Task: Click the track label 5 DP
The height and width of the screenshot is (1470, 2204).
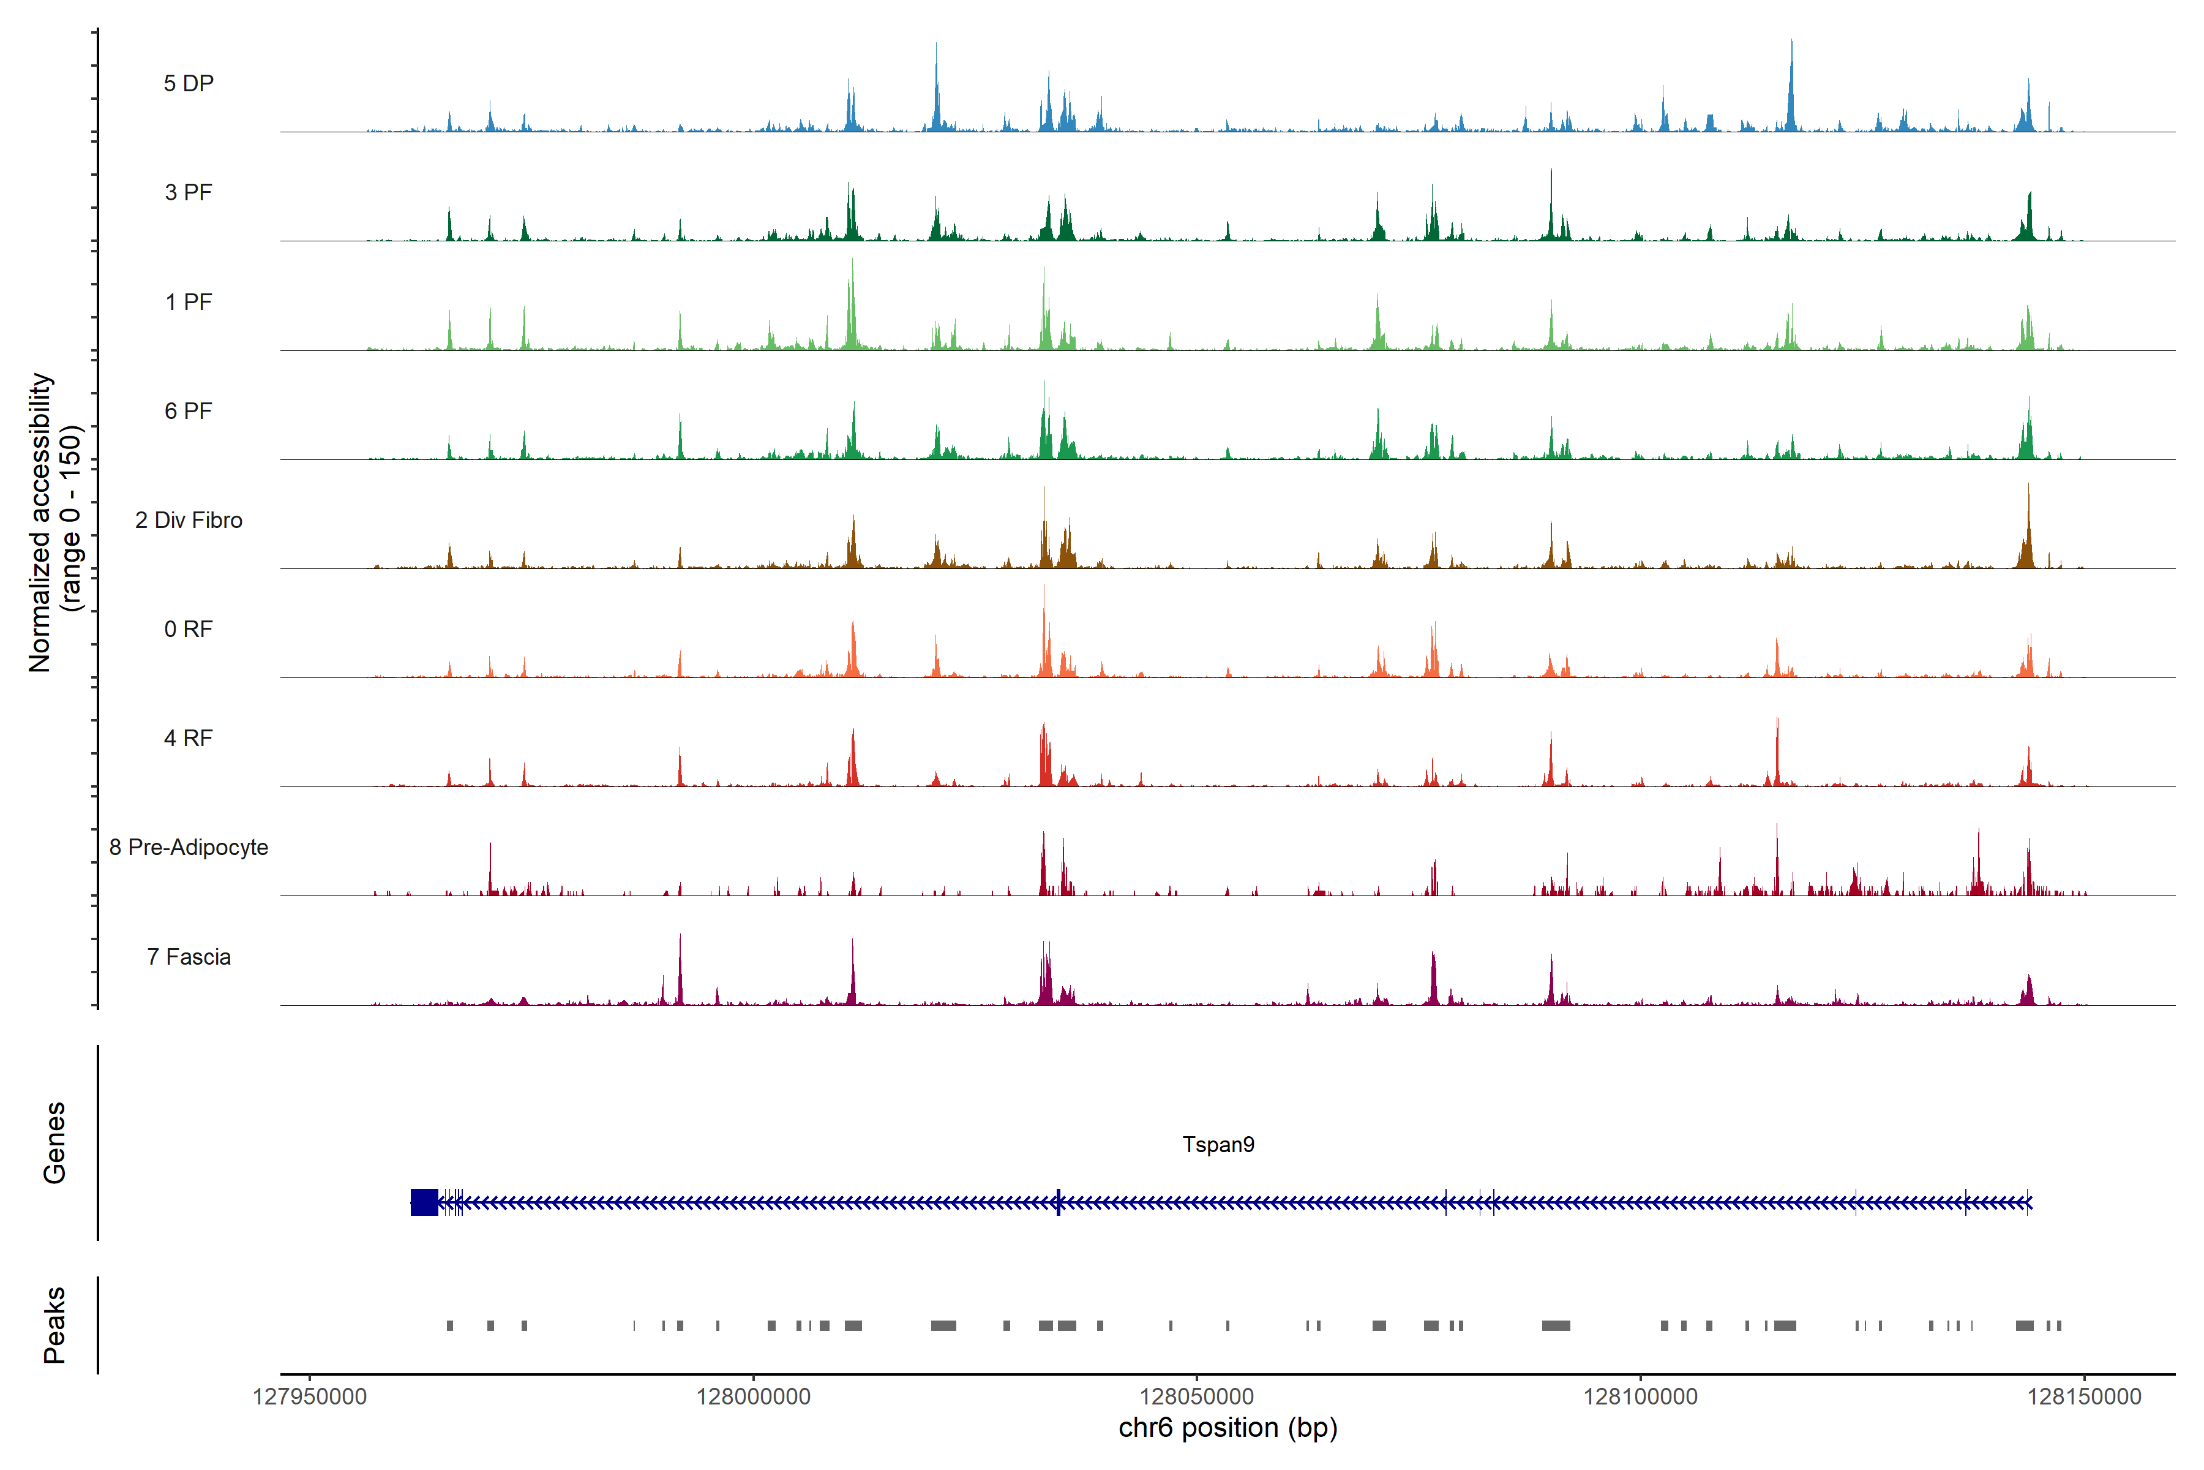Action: [x=189, y=83]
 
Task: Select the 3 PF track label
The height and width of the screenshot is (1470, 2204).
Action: [x=189, y=192]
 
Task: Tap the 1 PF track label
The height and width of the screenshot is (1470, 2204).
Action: [x=189, y=302]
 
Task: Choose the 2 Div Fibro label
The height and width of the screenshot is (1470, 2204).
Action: [x=189, y=520]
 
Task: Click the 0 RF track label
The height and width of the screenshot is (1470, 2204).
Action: [x=189, y=629]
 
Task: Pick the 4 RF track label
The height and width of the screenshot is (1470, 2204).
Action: [x=189, y=738]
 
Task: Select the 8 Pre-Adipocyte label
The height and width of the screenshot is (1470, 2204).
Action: [x=189, y=848]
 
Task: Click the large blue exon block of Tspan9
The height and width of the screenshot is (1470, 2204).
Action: [x=424, y=1202]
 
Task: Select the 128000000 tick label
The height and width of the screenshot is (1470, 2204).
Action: [x=754, y=1397]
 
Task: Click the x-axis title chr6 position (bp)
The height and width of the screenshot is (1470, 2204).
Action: [x=1228, y=1428]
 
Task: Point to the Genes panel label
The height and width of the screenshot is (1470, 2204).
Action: [x=54, y=1143]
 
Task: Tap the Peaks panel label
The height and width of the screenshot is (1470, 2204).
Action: [x=54, y=1325]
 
